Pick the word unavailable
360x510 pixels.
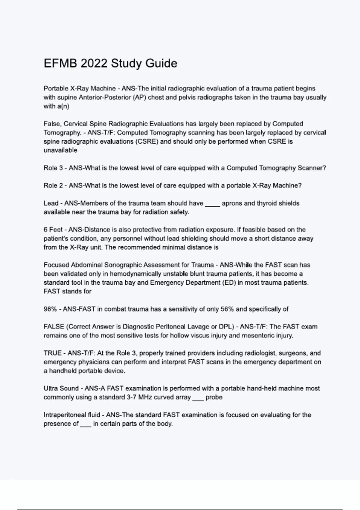(x=60, y=150)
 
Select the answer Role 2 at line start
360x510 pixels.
(x=53, y=186)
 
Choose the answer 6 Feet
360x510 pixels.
(x=53, y=230)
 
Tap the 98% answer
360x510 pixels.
(x=50, y=309)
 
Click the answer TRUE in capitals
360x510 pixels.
(x=53, y=353)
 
